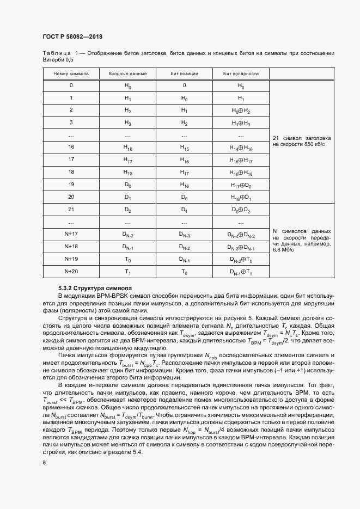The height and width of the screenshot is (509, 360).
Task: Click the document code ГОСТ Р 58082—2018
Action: coord(72,36)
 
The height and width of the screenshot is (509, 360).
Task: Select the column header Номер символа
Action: coord(71,73)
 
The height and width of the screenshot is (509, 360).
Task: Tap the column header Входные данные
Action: coord(127,73)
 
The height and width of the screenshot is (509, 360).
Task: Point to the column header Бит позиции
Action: coord(184,73)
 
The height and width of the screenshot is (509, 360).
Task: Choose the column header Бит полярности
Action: coord(241,73)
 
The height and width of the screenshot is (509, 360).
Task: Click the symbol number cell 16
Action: coord(71,147)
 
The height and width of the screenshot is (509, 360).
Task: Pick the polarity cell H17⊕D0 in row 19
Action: coord(241,185)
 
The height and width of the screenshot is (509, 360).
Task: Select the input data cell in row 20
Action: coord(127,197)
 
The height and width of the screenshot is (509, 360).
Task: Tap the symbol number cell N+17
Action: coord(71,234)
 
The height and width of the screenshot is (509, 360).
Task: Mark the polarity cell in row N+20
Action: coord(241,271)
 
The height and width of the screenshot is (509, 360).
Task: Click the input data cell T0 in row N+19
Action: coord(127,259)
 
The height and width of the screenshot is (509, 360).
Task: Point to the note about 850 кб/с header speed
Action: coord(301,142)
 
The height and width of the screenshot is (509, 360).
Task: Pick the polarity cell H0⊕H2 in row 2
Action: coord(241,110)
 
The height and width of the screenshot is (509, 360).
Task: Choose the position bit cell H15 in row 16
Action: coord(184,147)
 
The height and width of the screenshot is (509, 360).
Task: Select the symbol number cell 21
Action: coord(71,209)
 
